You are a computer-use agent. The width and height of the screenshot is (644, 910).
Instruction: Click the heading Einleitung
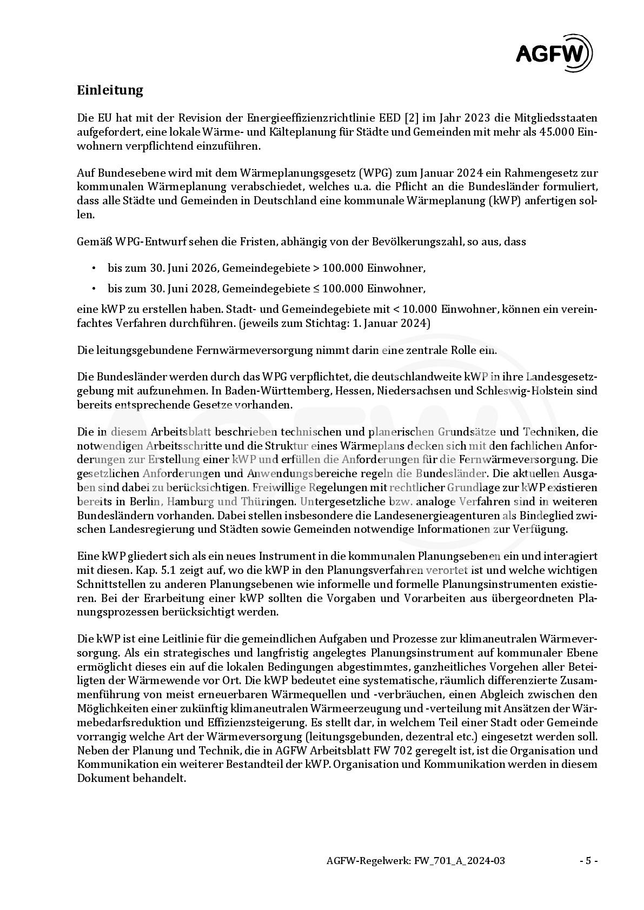pos(110,90)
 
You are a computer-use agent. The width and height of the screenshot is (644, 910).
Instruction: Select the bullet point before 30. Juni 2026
pos(94,268)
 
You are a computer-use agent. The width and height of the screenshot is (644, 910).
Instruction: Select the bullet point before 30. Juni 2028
pos(94,289)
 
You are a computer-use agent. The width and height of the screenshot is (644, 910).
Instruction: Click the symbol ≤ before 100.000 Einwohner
pos(317,289)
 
